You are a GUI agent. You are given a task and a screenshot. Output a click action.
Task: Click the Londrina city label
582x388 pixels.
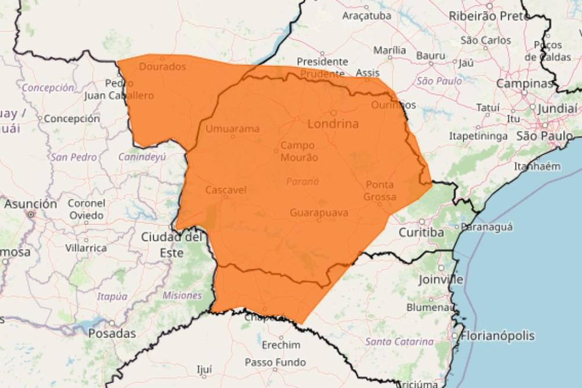coord(333,124)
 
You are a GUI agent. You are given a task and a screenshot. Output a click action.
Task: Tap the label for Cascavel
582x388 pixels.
coord(225,190)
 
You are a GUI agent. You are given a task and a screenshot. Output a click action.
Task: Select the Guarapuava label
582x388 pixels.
coord(319,212)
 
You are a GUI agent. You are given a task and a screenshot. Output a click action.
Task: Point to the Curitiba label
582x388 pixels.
coord(421,232)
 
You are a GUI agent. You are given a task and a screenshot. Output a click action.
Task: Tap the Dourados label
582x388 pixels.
coord(162,67)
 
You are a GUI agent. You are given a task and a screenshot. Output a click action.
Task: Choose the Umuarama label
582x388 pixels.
coord(232,128)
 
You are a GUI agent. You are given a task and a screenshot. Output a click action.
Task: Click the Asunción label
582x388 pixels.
coord(31,204)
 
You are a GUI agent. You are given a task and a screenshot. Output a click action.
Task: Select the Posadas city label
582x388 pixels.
coord(112,334)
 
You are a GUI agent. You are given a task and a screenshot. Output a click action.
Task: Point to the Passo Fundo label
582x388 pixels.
coord(275,362)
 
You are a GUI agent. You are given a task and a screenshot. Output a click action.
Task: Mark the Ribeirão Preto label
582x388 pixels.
coord(489,16)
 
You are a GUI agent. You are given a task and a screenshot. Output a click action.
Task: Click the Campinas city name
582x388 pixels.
coord(523,83)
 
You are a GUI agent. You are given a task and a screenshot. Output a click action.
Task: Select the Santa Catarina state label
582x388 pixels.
coord(399,341)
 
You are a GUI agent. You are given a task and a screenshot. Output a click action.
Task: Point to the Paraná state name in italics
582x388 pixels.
coord(302,182)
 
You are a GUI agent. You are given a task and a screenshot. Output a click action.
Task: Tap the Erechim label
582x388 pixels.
coord(280,345)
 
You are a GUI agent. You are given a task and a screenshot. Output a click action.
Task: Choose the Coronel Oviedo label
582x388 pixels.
coord(86,209)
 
